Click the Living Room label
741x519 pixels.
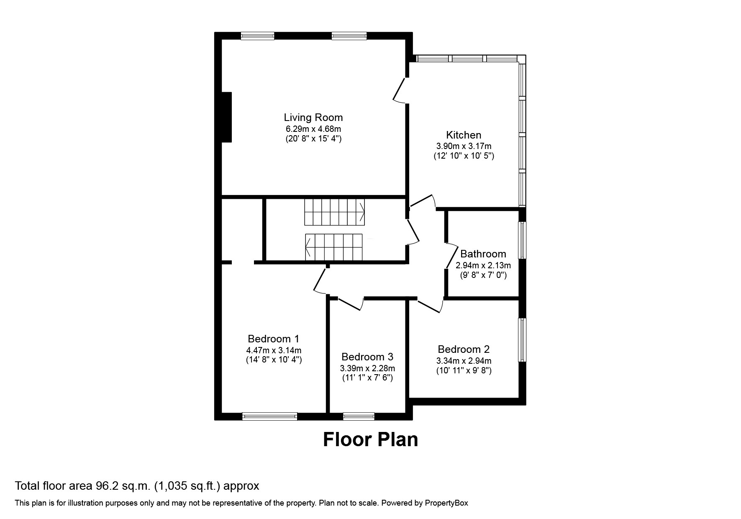pos(313,118)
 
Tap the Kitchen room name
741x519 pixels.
pos(464,135)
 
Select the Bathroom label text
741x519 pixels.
pos(483,254)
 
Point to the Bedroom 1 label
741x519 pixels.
pos(274,339)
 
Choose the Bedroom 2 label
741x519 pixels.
pos(464,349)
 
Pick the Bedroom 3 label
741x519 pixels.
pos(367,357)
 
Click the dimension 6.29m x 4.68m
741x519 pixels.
pos(313,129)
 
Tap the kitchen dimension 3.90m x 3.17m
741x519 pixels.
pos(464,146)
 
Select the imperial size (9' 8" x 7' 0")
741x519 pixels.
pos(483,275)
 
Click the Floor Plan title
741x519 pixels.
pos(371,440)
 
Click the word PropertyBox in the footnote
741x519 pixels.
pos(446,503)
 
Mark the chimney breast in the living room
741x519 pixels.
pos(226,117)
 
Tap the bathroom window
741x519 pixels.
pos(522,240)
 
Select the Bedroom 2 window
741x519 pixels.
pos(522,340)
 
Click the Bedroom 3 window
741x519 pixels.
pos(359,416)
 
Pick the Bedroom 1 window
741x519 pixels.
pos(269,416)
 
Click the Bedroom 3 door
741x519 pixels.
pos(351,304)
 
